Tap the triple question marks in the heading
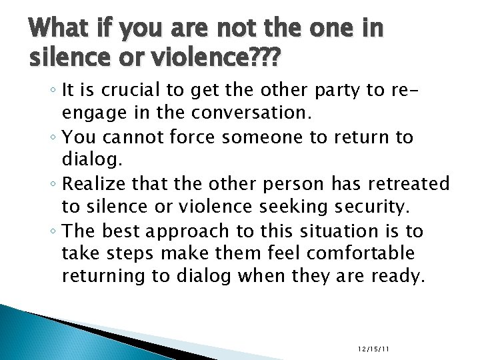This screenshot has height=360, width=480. [x=263, y=61]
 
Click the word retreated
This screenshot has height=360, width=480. [x=406, y=183]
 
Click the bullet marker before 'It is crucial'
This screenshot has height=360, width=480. [x=58, y=93]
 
